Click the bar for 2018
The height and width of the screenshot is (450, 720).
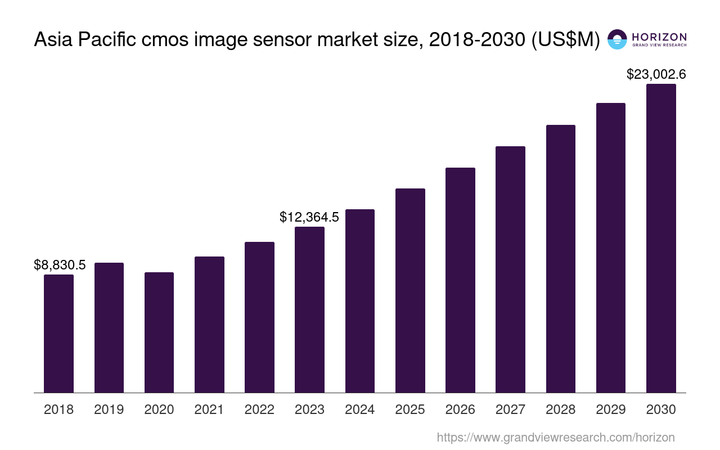coord(58,334)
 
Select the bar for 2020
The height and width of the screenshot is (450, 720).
coord(159,332)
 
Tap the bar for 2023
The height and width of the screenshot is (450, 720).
coord(309,309)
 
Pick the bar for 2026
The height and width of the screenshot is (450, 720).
coord(460,280)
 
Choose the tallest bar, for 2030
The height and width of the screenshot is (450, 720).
coord(661,238)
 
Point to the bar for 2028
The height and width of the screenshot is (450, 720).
coord(561,259)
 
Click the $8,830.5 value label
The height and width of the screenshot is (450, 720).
coord(60,265)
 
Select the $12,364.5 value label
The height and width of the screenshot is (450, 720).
coord(309,217)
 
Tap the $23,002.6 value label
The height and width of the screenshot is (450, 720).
coord(656,74)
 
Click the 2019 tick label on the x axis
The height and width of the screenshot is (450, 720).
coord(109,409)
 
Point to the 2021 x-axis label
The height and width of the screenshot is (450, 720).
coord(209,409)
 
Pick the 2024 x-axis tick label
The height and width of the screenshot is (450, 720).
coord(360,409)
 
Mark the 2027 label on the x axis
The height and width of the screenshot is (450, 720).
coord(510,409)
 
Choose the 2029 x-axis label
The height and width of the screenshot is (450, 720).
coord(611,409)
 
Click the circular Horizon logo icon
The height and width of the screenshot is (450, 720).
coord(617,39)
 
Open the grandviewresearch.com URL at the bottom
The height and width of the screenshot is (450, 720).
coord(555,437)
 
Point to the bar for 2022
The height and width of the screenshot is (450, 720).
coord(259,317)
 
